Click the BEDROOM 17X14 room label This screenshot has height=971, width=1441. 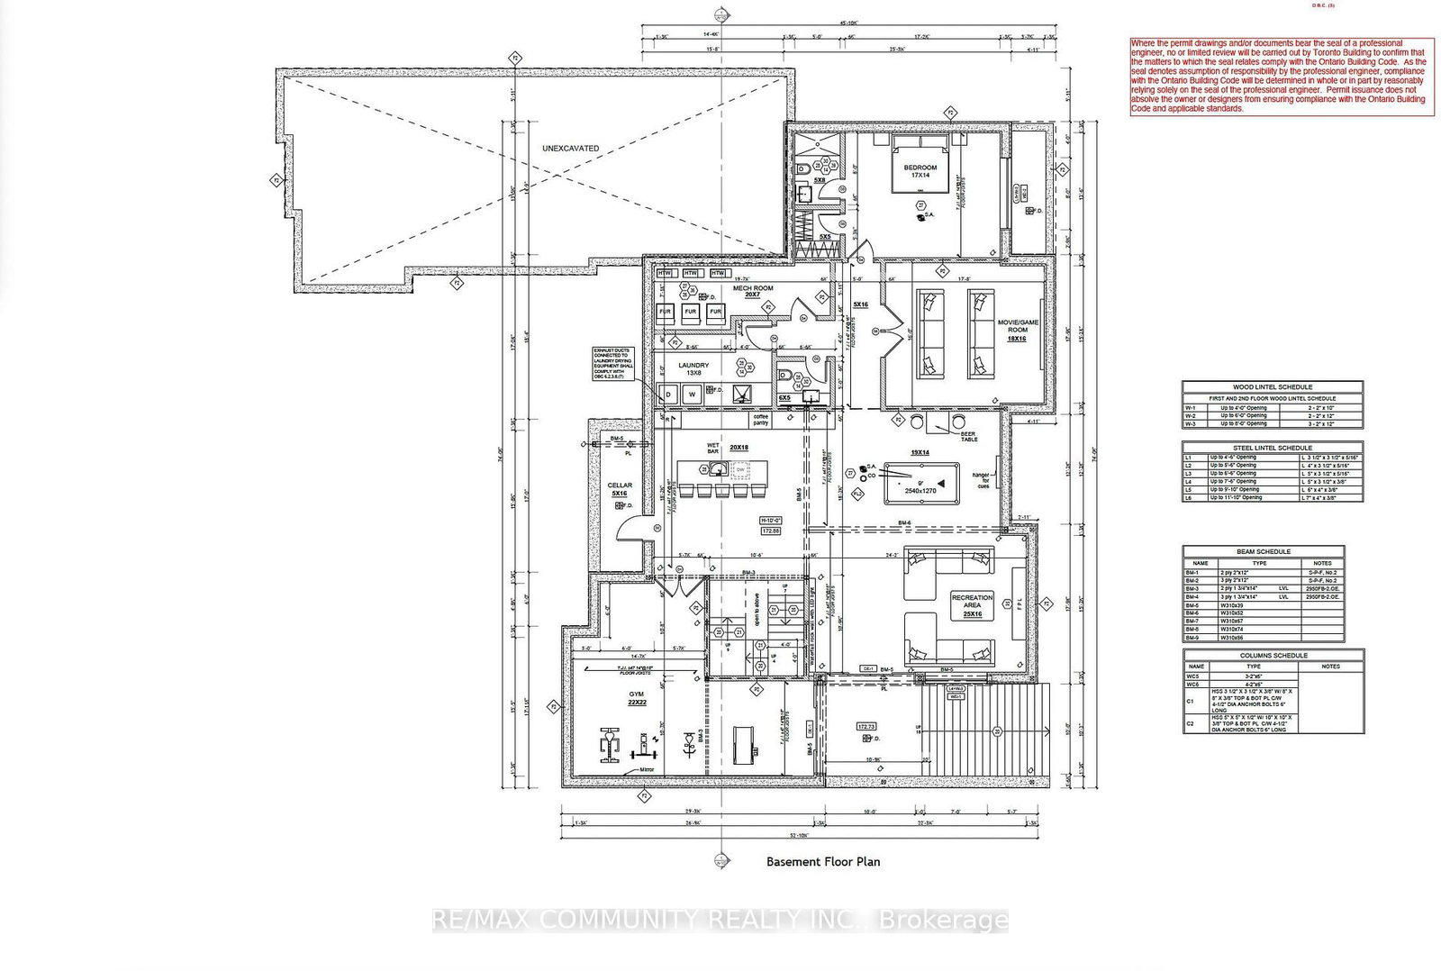click(x=920, y=171)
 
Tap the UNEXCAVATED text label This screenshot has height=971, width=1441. click(x=570, y=148)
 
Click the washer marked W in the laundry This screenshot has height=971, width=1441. click(x=693, y=395)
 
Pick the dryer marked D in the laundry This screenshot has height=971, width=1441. click(x=668, y=395)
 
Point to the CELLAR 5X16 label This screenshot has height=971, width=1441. click(x=620, y=489)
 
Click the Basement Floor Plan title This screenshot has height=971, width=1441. click(x=823, y=861)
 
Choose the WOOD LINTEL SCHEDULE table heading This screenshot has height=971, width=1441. click(x=1272, y=386)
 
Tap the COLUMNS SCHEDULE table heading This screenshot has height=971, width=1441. click(x=1273, y=655)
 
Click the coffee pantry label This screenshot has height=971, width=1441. click(x=761, y=420)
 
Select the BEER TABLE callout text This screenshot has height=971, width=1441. click(x=968, y=436)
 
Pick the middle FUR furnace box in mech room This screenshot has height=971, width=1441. click(x=691, y=312)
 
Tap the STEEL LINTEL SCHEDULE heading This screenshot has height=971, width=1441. click(x=1272, y=448)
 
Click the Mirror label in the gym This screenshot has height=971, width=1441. click(x=647, y=770)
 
